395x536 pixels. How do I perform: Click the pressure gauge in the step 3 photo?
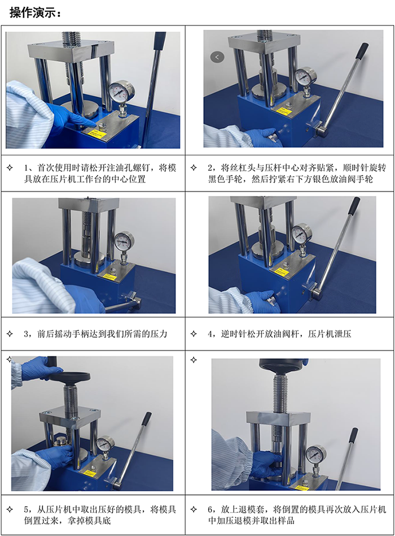pyautogui.click(x=124, y=241)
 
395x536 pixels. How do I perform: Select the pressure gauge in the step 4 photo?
pyautogui.click(x=302, y=232)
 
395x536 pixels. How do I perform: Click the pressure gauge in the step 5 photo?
pyautogui.click(x=105, y=444)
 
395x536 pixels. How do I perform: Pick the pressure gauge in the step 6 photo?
pyautogui.click(x=315, y=453)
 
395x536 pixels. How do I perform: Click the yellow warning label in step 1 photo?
pyautogui.click(x=98, y=134)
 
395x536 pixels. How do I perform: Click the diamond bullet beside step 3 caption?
pyautogui.click(x=9, y=334)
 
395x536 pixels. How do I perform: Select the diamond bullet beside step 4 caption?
pyautogui.click(x=194, y=334)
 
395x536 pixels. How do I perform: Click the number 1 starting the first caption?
pyautogui.click(x=27, y=168)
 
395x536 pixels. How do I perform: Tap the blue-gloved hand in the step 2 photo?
pyautogui.click(x=263, y=136)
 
